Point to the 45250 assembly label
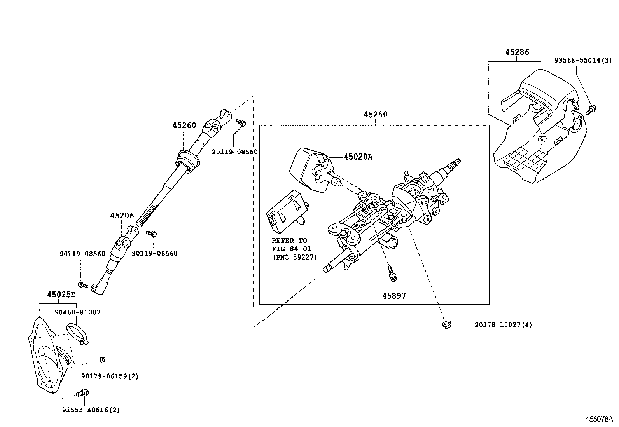tap(375, 115)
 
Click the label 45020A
tap(358, 157)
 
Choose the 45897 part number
tap(394, 296)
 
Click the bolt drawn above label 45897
tap(392, 274)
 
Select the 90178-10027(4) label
tap(503, 324)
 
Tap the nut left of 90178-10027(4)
tap(446, 324)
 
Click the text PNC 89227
tap(294, 257)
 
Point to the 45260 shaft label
tap(184, 125)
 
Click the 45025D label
tap(61, 295)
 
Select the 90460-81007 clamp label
tap(77, 312)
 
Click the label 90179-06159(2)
tap(110, 376)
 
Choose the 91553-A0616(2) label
tap(91, 410)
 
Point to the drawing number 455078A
tap(599, 419)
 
